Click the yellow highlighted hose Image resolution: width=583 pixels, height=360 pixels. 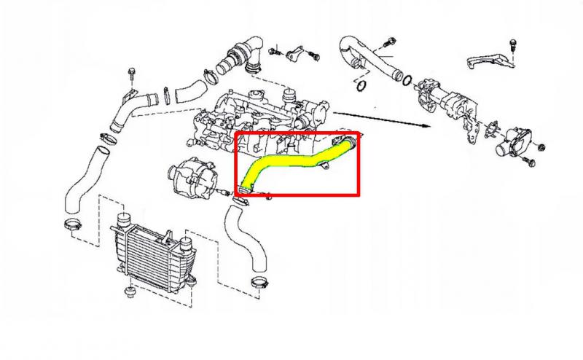(291, 161)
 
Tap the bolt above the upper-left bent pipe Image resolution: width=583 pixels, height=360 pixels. (132, 73)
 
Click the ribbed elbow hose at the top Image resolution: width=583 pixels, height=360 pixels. (243, 53)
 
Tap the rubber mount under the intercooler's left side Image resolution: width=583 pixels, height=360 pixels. (130, 294)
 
